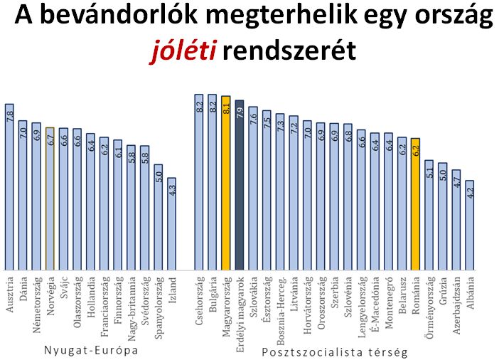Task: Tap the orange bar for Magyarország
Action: [226, 185]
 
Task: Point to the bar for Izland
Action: [171, 224]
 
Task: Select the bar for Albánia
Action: [470, 226]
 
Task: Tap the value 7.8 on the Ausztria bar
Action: [10, 117]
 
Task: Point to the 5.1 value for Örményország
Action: [429, 172]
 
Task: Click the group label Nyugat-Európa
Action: [90, 351]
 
